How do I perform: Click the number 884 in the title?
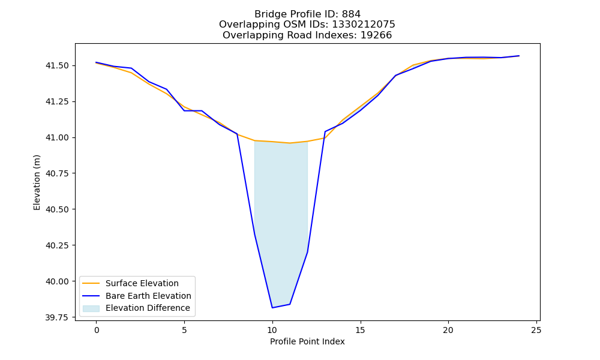(x=351, y=14)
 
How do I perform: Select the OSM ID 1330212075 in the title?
(x=363, y=25)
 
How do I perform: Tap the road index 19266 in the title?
(x=376, y=35)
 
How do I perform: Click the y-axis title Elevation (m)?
(x=37, y=182)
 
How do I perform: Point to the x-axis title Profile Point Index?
(x=307, y=341)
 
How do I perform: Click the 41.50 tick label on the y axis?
(x=58, y=66)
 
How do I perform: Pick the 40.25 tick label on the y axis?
(x=58, y=245)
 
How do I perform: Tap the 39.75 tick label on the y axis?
(x=58, y=317)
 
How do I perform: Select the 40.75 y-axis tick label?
(x=58, y=173)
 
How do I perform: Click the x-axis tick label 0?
(x=97, y=330)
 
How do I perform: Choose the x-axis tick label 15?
(x=360, y=330)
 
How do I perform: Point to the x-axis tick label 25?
(x=536, y=330)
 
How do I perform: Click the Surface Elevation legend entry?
(x=142, y=283)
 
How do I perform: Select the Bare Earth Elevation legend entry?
(x=148, y=296)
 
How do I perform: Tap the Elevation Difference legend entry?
(x=148, y=308)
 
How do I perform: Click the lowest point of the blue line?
(x=272, y=308)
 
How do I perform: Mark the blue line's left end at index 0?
(x=97, y=62)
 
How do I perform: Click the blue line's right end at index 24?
(x=519, y=56)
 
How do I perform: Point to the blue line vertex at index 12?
(x=307, y=252)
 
